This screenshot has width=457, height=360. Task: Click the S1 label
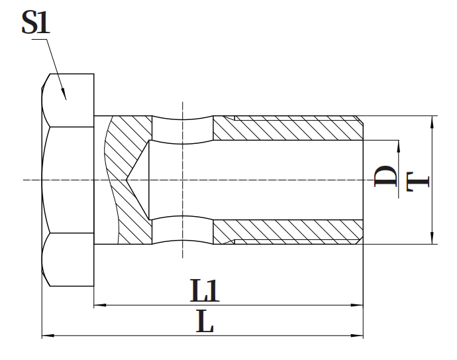pos(36,22)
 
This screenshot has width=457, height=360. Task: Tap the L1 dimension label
pos(204,290)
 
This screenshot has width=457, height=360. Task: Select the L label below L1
pos(205,322)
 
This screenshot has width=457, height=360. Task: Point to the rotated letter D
pos(385,176)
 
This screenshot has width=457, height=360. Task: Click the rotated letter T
pos(418,182)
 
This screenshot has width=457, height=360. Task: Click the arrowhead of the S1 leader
pos(64,94)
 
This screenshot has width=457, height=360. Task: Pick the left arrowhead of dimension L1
pos(100,305)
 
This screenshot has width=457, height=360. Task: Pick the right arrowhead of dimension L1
pos(357,305)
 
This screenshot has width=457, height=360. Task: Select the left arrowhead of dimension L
pos(48,335)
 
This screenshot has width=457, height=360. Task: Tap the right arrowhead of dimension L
pos(357,335)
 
